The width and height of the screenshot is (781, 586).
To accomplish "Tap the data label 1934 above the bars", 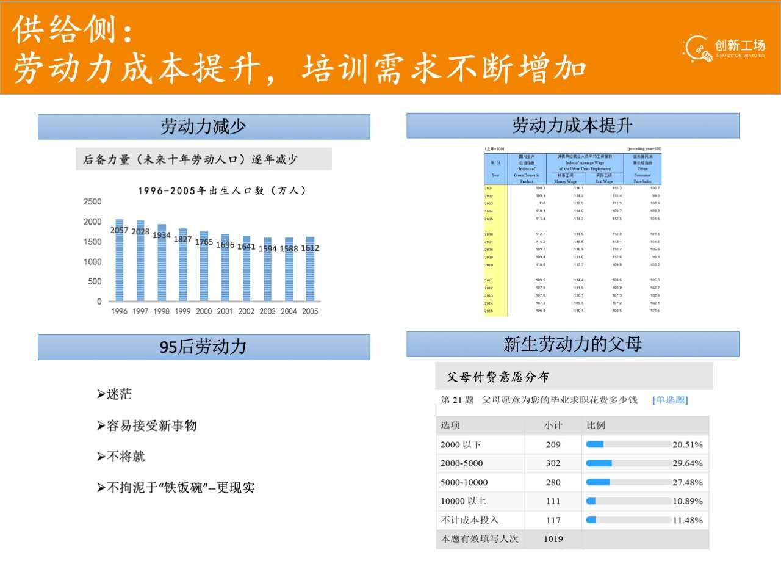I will point(162,235).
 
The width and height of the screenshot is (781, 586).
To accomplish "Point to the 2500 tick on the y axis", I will point(93,201).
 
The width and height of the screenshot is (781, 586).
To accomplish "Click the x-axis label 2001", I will point(225,311).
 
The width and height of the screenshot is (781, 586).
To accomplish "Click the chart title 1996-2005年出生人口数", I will point(221,190).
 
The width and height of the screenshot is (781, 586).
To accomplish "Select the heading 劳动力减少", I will point(203,127).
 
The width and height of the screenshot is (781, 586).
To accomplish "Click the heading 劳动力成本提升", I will point(572,126).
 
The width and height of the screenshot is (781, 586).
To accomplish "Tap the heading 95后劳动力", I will point(203,347).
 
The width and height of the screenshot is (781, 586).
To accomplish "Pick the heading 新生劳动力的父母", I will point(572,344).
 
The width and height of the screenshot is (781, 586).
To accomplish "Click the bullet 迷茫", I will point(119,394).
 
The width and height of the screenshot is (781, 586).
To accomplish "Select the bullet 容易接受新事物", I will point(151,425).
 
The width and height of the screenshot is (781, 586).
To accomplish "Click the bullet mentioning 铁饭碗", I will point(181,488).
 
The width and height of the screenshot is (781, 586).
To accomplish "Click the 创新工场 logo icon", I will point(697,48).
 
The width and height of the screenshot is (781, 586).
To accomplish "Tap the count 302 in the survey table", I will point(553,463).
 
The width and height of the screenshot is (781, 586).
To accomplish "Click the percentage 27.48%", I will point(687,482).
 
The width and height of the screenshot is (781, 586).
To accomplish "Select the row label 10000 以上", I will point(463,501).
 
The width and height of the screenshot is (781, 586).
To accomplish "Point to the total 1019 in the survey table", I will point(553,539).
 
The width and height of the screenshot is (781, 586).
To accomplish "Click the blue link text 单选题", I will point(670,400).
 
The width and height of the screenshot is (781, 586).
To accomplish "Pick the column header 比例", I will point(596,425).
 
